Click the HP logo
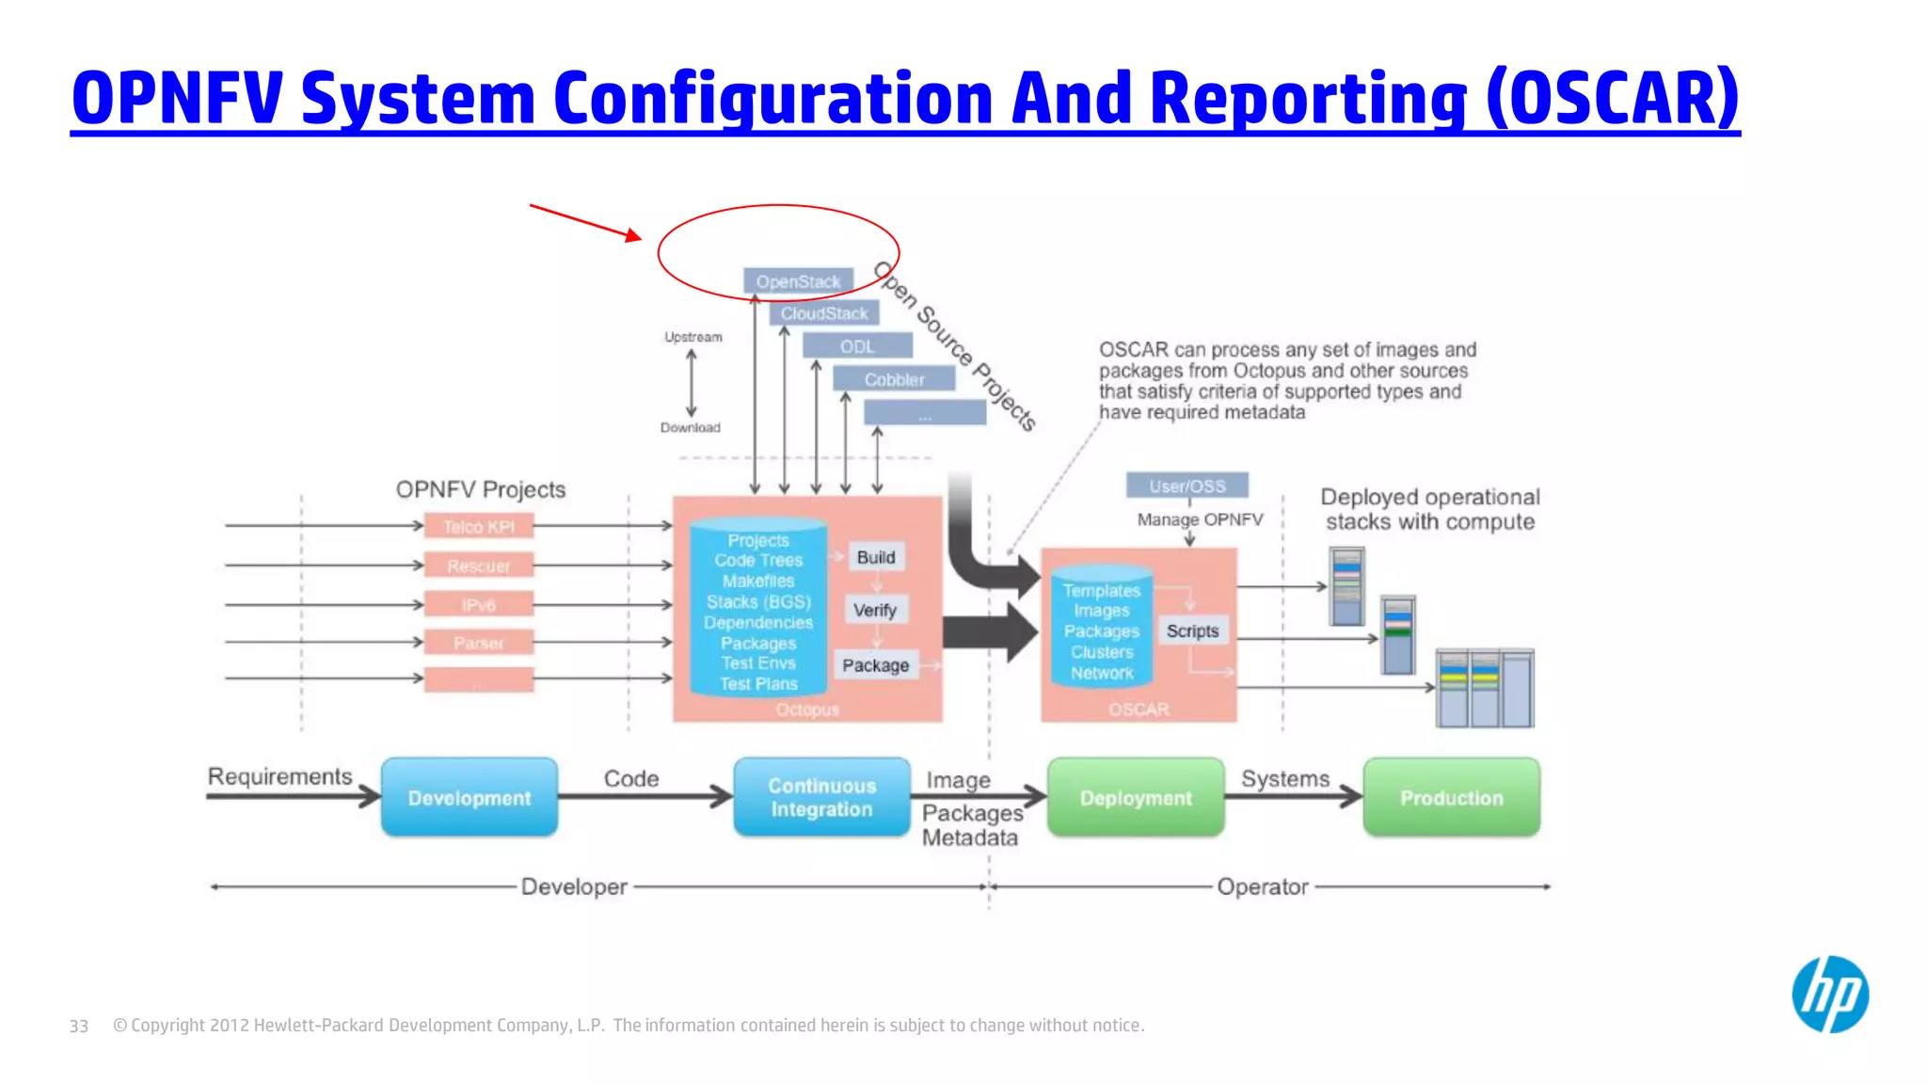point(1829,995)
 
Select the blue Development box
point(470,797)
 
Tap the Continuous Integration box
point(821,797)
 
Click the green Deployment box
point(1136,797)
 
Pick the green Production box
point(1451,797)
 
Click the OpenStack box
point(798,281)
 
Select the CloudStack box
point(824,313)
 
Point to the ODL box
point(857,346)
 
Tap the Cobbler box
point(894,379)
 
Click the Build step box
point(876,557)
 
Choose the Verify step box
point(875,610)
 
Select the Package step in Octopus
point(875,665)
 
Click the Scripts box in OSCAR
point(1192,630)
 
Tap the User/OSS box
point(1187,486)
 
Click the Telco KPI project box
point(479,526)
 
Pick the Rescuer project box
point(479,566)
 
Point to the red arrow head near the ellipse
point(633,235)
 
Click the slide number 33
point(79,1026)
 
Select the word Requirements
point(279,776)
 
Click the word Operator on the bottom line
point(1262,886)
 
